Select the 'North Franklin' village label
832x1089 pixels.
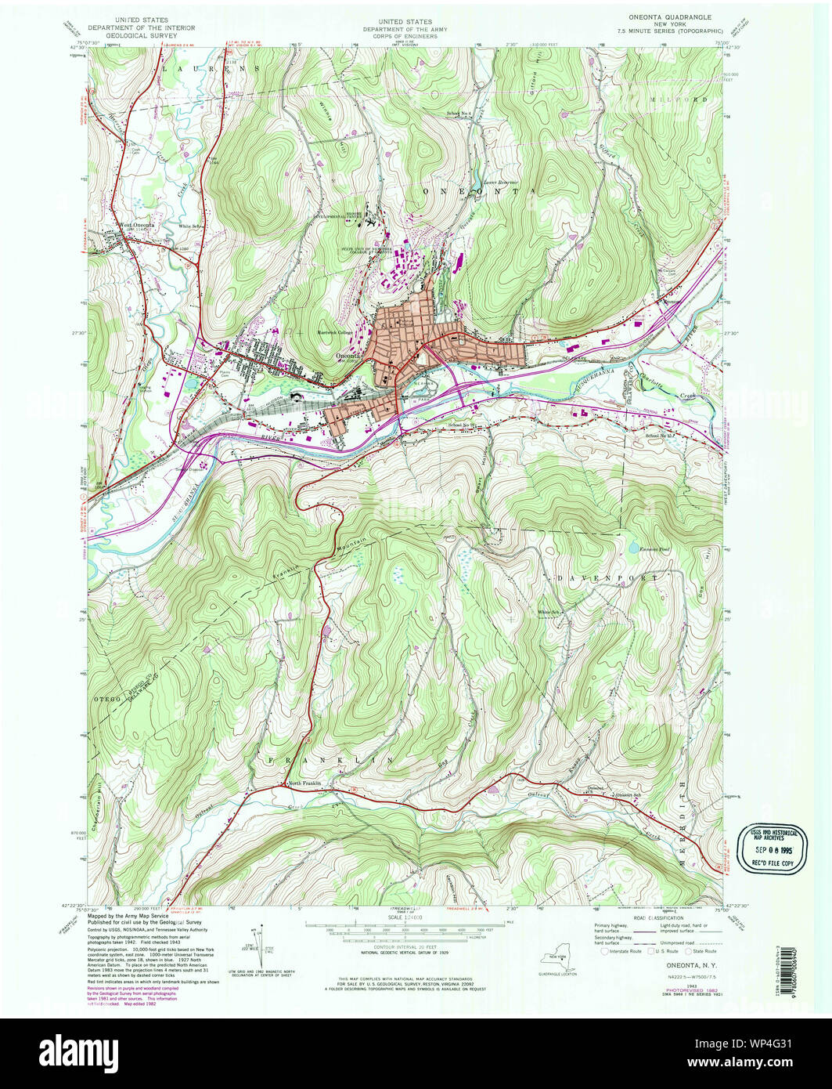306,784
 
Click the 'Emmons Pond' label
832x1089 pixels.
655,549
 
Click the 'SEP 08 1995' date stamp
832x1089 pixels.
771,849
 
